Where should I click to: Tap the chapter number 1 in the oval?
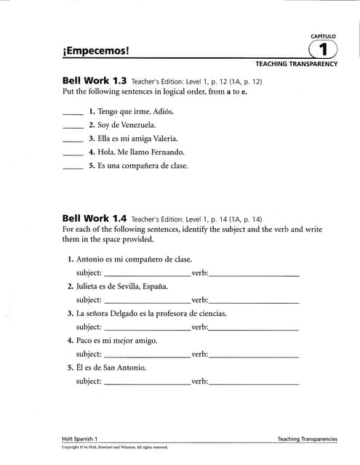point(323,50)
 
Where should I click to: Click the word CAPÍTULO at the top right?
point(323,36)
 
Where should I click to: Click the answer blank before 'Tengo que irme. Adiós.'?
point(73,113)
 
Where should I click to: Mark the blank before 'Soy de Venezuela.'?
point(73,126)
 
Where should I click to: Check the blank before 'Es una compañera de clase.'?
point(73,166)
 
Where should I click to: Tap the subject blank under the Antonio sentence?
point(148,274)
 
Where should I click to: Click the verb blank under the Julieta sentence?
point(254,301)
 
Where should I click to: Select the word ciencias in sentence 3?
point(209,313)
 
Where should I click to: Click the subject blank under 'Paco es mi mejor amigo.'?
point(148,355)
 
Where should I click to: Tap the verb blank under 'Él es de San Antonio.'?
point(254,382)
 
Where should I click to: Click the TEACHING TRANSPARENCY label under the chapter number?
point(296,64)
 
